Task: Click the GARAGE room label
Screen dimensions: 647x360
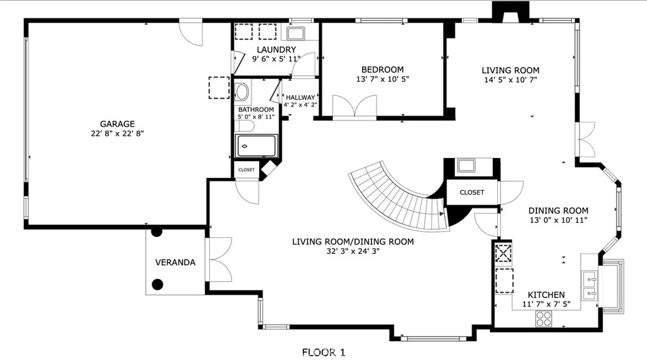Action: click(117, 124)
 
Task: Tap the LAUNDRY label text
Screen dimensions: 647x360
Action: click(276, 50)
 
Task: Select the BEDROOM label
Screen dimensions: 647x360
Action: click(382, 69)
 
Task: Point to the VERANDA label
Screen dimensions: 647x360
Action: click(176, 262)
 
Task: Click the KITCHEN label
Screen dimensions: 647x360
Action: click(547, 295)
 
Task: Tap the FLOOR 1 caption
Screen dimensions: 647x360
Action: click(323, 352)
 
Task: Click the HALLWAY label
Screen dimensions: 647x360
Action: click(300, 98)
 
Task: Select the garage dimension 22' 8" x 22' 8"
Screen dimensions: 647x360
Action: click(117, 134)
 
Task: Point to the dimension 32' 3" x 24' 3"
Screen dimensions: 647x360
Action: click(353, 251)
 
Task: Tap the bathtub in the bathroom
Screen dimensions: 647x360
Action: click(256, 145)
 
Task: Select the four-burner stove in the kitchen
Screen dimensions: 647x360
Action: click(544, 318)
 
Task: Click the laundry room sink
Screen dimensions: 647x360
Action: click(296, 33)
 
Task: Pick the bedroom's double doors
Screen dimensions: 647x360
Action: click(355, 107)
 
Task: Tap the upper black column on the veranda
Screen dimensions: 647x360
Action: click(157, 232)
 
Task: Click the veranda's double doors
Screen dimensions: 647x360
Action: click(218, 260)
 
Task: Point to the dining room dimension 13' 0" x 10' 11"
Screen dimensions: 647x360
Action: click(559, 220)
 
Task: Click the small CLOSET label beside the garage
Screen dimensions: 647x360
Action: click(246, 170)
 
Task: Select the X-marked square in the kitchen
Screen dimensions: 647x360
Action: click(504, 253)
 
